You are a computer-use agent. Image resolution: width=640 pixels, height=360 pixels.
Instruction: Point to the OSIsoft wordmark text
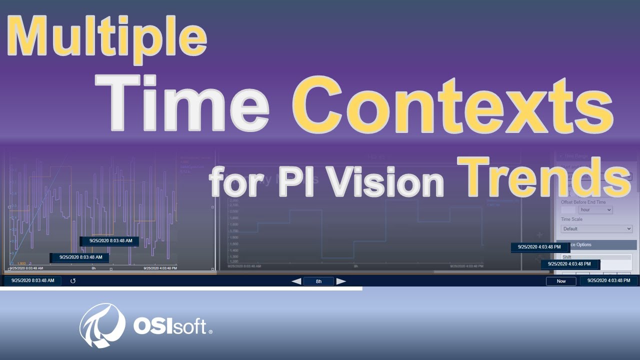(x=170, y=326)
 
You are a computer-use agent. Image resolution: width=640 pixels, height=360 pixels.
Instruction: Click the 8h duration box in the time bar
(x=318, y=281)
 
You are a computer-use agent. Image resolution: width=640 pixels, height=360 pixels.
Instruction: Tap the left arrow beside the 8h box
(x=296, y=281)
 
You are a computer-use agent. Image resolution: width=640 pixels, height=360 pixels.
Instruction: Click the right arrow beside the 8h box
(x=341, y=281)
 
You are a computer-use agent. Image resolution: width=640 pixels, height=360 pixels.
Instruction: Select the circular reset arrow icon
(x=73, y=281)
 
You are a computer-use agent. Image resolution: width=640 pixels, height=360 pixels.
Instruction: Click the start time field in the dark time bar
(x=33, y=281)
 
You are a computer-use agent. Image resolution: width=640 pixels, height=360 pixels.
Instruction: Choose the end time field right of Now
(x=609, y=281)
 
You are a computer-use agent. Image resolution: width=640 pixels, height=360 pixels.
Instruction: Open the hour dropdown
(x=595, y=210)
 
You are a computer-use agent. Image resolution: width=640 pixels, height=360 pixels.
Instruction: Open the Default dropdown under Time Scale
(x=596, y=228)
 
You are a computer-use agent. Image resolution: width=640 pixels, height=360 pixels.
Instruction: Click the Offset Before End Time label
(x=583, y=202)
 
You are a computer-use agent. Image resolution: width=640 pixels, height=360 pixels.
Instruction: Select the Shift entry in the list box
(x=567, y=257)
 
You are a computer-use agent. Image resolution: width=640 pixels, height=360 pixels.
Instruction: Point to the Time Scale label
(x=571, y=219)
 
